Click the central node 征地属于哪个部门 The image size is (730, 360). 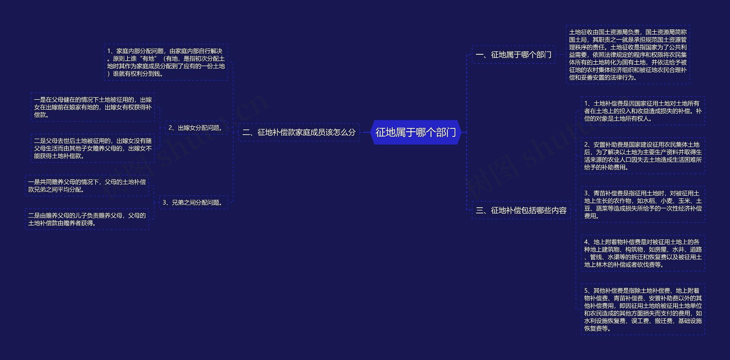tap(415, 133)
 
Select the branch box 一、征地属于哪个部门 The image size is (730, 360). tap(513, 55)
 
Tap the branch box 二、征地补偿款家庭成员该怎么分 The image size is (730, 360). tap(299, 133)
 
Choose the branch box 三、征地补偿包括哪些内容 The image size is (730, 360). tap(521, 210)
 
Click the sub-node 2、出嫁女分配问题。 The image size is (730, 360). tap(196, 128)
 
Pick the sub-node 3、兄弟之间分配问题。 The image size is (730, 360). tap(193, 203)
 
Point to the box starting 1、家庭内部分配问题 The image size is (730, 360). tap(166, 62)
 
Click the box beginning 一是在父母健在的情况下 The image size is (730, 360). tap(93, 107)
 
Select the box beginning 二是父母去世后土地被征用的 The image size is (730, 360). tap(93, 149)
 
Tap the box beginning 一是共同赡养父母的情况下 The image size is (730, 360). tap(87, 186)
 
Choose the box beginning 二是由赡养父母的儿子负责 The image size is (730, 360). tap(87, 219)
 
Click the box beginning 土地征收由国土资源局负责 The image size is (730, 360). tap(628, 55)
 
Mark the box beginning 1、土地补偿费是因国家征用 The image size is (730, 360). tap(643, 111)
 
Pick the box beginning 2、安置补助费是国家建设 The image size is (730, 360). tap(643, 156)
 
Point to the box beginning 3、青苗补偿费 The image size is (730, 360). tap(643, 205)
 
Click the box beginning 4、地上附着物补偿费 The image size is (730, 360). tap(643, 253)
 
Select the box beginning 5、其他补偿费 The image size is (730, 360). tap(643, 310)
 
